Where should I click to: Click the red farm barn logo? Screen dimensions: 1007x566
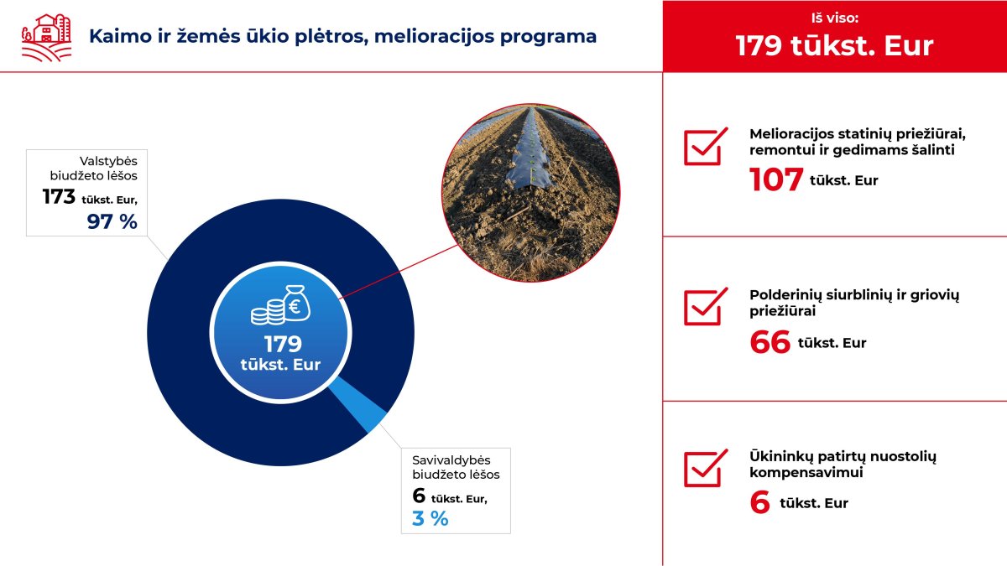(47, 38)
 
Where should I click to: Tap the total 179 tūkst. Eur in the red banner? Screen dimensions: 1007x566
(834, 45)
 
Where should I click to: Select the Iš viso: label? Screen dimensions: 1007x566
(835, 18)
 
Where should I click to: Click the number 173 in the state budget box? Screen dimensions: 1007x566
(59, 197)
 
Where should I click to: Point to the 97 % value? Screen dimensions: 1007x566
(112, 221)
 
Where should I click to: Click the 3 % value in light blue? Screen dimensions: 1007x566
(430, 519)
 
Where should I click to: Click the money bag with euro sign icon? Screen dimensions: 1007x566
(295, 304)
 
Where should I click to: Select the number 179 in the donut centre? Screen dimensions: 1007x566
(283, 345)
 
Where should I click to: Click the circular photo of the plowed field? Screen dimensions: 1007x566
(531, 193)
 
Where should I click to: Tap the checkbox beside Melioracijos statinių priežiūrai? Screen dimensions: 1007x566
(705, 146)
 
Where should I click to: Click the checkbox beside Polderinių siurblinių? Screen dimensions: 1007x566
(705, 306)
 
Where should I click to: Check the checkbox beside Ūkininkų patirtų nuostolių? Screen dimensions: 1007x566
(705, 468)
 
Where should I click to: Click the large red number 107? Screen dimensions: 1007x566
(776, 179)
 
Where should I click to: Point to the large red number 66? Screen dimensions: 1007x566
(770, 342)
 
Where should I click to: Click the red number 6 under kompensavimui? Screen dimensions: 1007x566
(759, 502)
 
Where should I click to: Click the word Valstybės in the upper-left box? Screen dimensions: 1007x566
(108, 161)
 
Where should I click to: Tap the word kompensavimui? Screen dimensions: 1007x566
(806, 473)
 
